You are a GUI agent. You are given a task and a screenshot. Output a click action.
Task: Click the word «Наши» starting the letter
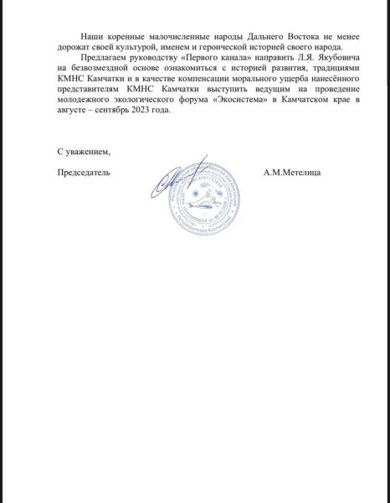pyautogui.click(x=90, y=41)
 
